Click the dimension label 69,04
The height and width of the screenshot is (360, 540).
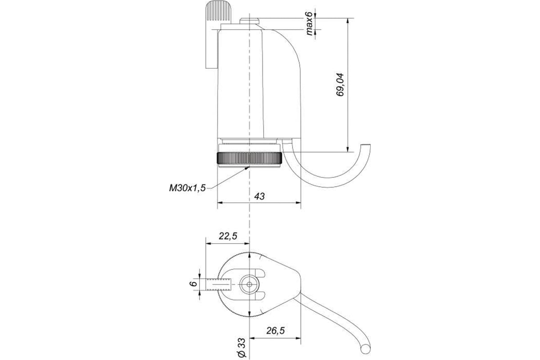pyautogui.click(x=340, y=85)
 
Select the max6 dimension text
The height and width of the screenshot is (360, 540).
pyautogui.click(x=309, y=23)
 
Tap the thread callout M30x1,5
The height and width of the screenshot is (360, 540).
pyautogui.click(x=187, y=188)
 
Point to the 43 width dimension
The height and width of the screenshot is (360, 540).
pyautogui.click(x=259, y=196)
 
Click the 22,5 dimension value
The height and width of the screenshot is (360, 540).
pyautogui.click(x=228, y=236)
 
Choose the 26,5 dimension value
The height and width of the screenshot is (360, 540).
pyautogui.click(x=275, y=331)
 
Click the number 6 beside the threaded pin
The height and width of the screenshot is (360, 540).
pyautogui.click(x=193, y=284)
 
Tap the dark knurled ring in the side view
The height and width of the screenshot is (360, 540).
pyautogui.click(x=249, y=158)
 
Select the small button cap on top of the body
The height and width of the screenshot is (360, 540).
pyautogui.click(x=249, y=21)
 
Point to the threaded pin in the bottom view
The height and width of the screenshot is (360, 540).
pyautogui.click(x=219, y=284)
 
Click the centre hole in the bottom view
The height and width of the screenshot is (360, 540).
pyautogui.click(x=249, y=284)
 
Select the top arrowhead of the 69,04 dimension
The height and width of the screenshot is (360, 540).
pyautogui.click(x=347, y=21)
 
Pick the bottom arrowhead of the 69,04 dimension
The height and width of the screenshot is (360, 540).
pyautogui.click(x=347, y=149)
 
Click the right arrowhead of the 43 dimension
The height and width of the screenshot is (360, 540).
pyautogui.click(x=298, y=203)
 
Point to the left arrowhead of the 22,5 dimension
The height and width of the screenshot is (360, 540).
pyautogui.click(x=208, y=243)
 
